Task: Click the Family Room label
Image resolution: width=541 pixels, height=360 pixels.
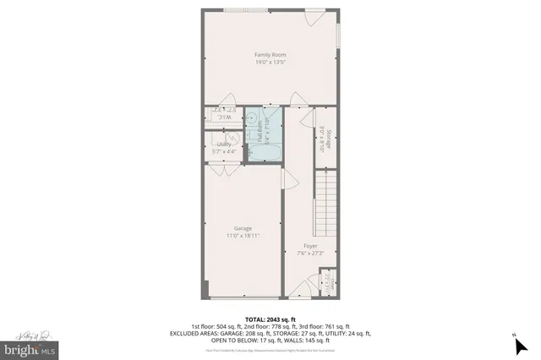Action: click(x=270, y=55)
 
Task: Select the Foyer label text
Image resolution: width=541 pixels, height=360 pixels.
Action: click(x=310, y=245)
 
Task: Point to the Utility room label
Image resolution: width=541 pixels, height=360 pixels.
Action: click(x=224, y=145)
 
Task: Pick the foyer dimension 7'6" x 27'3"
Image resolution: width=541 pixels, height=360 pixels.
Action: click(x=310, y=253)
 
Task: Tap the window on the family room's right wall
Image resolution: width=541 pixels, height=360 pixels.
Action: click(x=338, y=35)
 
